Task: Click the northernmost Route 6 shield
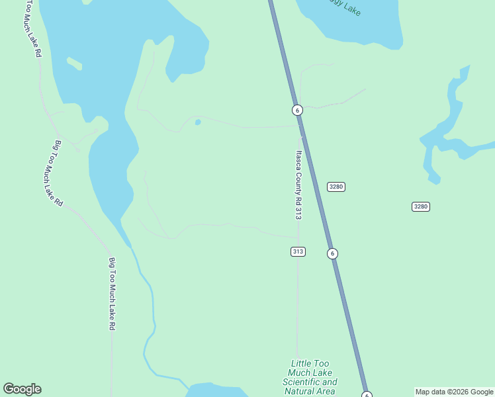(297, 110)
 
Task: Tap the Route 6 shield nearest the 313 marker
(332, 253)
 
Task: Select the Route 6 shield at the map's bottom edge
(367, 395)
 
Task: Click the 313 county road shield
(298, 251)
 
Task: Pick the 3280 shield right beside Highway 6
(336, 187)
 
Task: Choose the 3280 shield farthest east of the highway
(421, 206)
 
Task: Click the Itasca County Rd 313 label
(298, 185)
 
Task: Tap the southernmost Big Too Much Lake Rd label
(112, 294)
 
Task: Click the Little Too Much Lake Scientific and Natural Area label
(310, 377)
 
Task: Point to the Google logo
(22, 389)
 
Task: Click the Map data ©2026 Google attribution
(454, 392)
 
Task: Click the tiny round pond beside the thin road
(197, 122)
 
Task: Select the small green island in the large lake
(75, 64)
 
